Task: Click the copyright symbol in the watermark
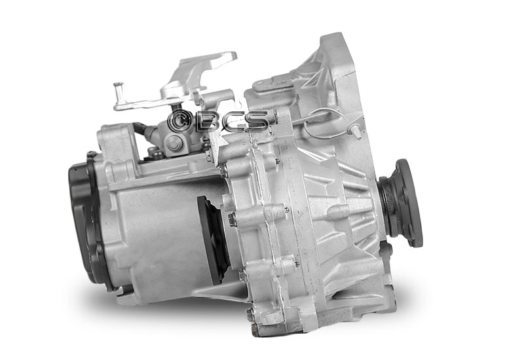(179, 121)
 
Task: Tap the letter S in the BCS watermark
(255, 121)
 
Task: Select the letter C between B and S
(231, 121)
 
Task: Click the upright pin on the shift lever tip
(119, 92)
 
